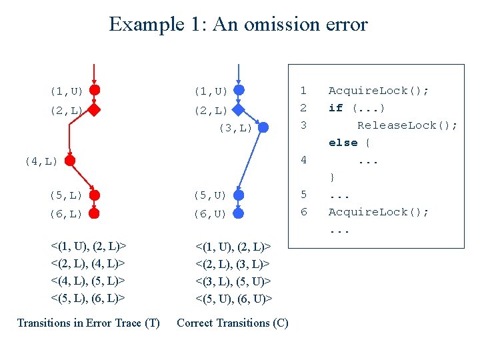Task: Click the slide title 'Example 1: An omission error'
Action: (238, 25)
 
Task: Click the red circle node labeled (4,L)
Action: (69, 161)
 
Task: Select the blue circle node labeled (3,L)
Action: (263, 127)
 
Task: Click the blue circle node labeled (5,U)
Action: (239, 195)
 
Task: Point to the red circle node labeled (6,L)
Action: (95, 213)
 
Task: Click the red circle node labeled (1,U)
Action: (95, 90)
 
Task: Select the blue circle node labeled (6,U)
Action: (239, 213)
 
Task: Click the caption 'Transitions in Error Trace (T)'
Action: (88, 323)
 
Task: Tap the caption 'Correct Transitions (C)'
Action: (232, 323)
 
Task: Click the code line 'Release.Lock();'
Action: (407, 125)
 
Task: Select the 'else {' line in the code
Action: (349, 143)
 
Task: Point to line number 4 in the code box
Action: (303, 160)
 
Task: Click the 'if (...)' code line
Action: (357, 108)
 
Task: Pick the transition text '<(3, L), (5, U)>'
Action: (233, 281)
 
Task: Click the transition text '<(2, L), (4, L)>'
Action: (89, 264)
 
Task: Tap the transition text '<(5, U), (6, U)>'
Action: (233, 299)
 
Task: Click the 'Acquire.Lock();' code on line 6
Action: (378, 212)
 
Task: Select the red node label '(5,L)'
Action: (66, 195)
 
